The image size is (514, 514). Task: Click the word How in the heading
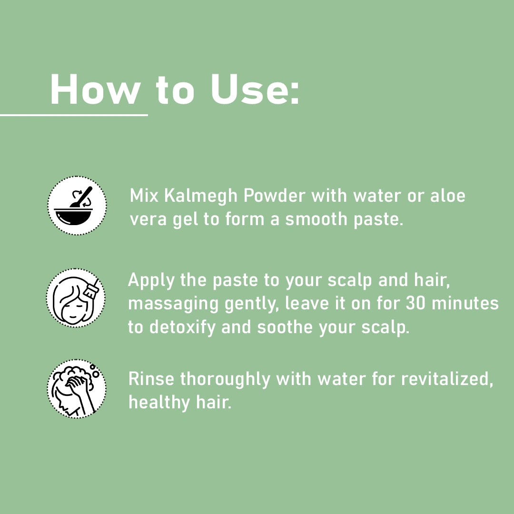tap(95, 89)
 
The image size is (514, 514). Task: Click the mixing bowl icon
tap(77, 206)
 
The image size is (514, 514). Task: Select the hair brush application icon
tap(76, 297)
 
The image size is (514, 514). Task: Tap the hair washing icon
tap(76, 388)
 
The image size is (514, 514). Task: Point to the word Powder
tap(275, 196)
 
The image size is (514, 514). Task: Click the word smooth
tap(316, 219)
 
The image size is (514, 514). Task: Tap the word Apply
tap(151, 281)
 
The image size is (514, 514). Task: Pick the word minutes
tap(465, 303)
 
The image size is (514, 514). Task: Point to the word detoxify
tap(182, 327)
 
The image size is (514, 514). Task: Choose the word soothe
tap(285, 327)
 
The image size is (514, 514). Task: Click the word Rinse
tap(151, 379)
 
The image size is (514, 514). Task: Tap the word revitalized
tap(447, 379)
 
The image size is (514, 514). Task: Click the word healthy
tap(159, 403)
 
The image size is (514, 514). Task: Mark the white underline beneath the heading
tap(74, 115)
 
